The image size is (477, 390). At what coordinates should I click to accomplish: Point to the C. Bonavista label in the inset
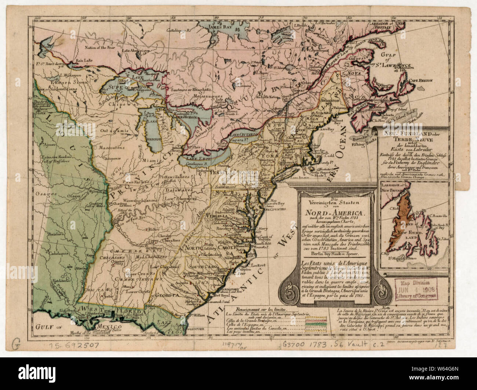pos(436,215)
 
